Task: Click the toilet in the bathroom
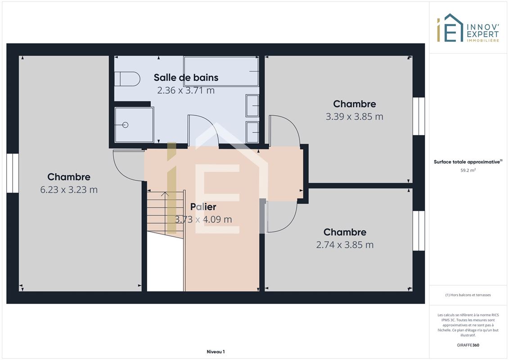point(127,79)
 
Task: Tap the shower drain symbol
point(125,125)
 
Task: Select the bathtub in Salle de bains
point(221,72)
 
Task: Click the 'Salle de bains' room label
point(186,77)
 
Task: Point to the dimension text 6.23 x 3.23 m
point(69,189)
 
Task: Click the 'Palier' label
point(203,207)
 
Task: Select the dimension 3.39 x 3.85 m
point(355,117)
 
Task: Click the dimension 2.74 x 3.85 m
point(345,245)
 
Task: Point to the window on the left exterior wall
point(13,173)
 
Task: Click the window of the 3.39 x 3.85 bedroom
point(419,116)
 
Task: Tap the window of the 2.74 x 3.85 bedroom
point(419,231)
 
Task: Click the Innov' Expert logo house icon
point(450,28)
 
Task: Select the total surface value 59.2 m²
point(468,170)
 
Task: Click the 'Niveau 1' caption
point(216,351)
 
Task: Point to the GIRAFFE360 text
point(468,345)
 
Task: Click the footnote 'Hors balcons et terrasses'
point(470,295)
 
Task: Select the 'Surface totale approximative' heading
point(467,162)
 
